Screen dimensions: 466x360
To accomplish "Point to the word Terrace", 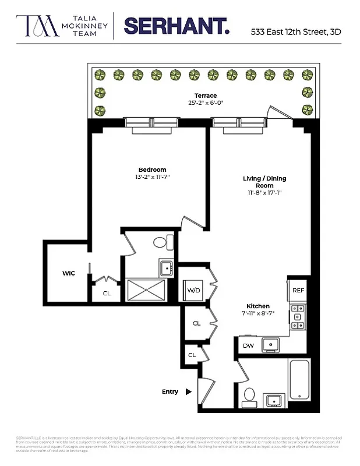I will coord(206,96).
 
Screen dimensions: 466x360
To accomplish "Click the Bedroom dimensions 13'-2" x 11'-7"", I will coord(152,176).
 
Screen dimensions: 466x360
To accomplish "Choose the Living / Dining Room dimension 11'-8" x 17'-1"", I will coord(264,193).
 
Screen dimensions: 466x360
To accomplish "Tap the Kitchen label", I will coord(257,306).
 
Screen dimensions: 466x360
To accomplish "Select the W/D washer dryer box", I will coord(193,290).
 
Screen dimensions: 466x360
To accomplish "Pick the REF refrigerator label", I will coord(298,290).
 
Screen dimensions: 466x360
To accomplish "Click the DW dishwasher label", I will coord(248,345).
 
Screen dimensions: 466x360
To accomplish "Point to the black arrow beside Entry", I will coord(188,392).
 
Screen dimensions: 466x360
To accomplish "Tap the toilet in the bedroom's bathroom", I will coord(161,242).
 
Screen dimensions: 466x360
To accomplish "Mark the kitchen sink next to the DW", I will coord(271,345).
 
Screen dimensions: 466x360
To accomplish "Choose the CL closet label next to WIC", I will coord(107,293).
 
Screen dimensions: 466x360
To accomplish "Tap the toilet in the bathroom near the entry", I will coord(249,397).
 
